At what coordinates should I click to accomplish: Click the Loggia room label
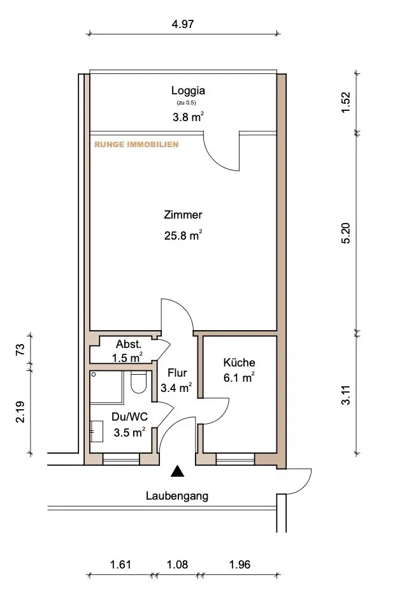pyautogui.click(x=188, y=91)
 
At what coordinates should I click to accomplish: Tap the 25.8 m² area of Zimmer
pyautogui.click(x=183, y=235)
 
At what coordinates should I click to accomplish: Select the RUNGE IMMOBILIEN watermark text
pyautogui.click(x=136, y=144)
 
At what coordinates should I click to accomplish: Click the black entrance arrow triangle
pyautogui.click(x=177, y=471)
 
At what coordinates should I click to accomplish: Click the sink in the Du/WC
pyautogui.click(x=96, y=431)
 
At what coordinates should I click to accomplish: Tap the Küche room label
pyautogui.click(x=239, y=363)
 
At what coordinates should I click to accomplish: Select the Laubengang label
pyautogui.click(x=177, y=496)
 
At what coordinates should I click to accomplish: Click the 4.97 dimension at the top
pyautogui.click(x=183, y=24)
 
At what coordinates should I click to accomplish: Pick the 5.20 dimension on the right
pyautogui.click(x=346, y=233)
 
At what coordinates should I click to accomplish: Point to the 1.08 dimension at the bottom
pyautogui.click(x=177, y=565)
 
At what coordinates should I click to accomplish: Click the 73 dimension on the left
pyautogui.click(x=20, y=349)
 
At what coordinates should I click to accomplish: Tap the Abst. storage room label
pyautogui.click(x=128, y=344)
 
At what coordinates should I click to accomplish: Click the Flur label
pyautogui.click(x=177, y=373)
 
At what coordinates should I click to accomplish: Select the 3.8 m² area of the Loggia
pyautogui.click(x=188, y=117)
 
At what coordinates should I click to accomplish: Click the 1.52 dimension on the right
pyautogui.click(x=345, y=103)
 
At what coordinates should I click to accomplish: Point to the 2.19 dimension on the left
pyautogui.click(x=20, y=412)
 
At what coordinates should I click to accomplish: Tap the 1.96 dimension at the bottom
pyautogui.click(x=240, y=565)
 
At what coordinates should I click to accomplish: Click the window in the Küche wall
pyautogui.click(x=235, y=459)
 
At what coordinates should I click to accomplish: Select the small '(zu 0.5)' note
pyautogui.click(x=186, y=103)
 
